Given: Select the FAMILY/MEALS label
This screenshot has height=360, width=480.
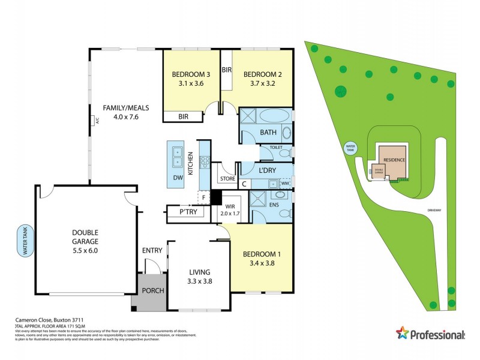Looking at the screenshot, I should pyautogui.click(x=125, y=108).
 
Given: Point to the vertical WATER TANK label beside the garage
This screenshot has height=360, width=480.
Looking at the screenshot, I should pyautogui.click(x=25, y=241).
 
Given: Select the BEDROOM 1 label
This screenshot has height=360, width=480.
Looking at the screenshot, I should pyautogui.click(x=262, y=254).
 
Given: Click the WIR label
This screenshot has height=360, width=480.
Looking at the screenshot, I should pyautogui.click(x=230, y=206).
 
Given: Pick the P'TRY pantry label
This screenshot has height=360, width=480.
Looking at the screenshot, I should pyautogui.click(x=188, y=212).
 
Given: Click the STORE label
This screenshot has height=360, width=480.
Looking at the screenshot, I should pyautogui.click(x=227, y=178).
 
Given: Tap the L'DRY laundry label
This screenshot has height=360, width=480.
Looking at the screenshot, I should pyautogui.click(x=267, y=171).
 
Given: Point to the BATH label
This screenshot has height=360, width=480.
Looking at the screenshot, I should pyautogui.click(x=268, y=132).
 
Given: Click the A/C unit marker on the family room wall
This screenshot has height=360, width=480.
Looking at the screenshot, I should pyautogui.click(x=95, y=121).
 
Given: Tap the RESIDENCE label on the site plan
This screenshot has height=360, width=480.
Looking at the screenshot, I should pyautogui.click(x=394, y=160).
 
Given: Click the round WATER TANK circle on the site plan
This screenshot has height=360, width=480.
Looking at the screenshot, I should pyautogui.click(x=350, y=148).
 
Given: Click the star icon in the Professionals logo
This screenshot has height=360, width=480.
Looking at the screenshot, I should pyautogui.click(x=403, y=332).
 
